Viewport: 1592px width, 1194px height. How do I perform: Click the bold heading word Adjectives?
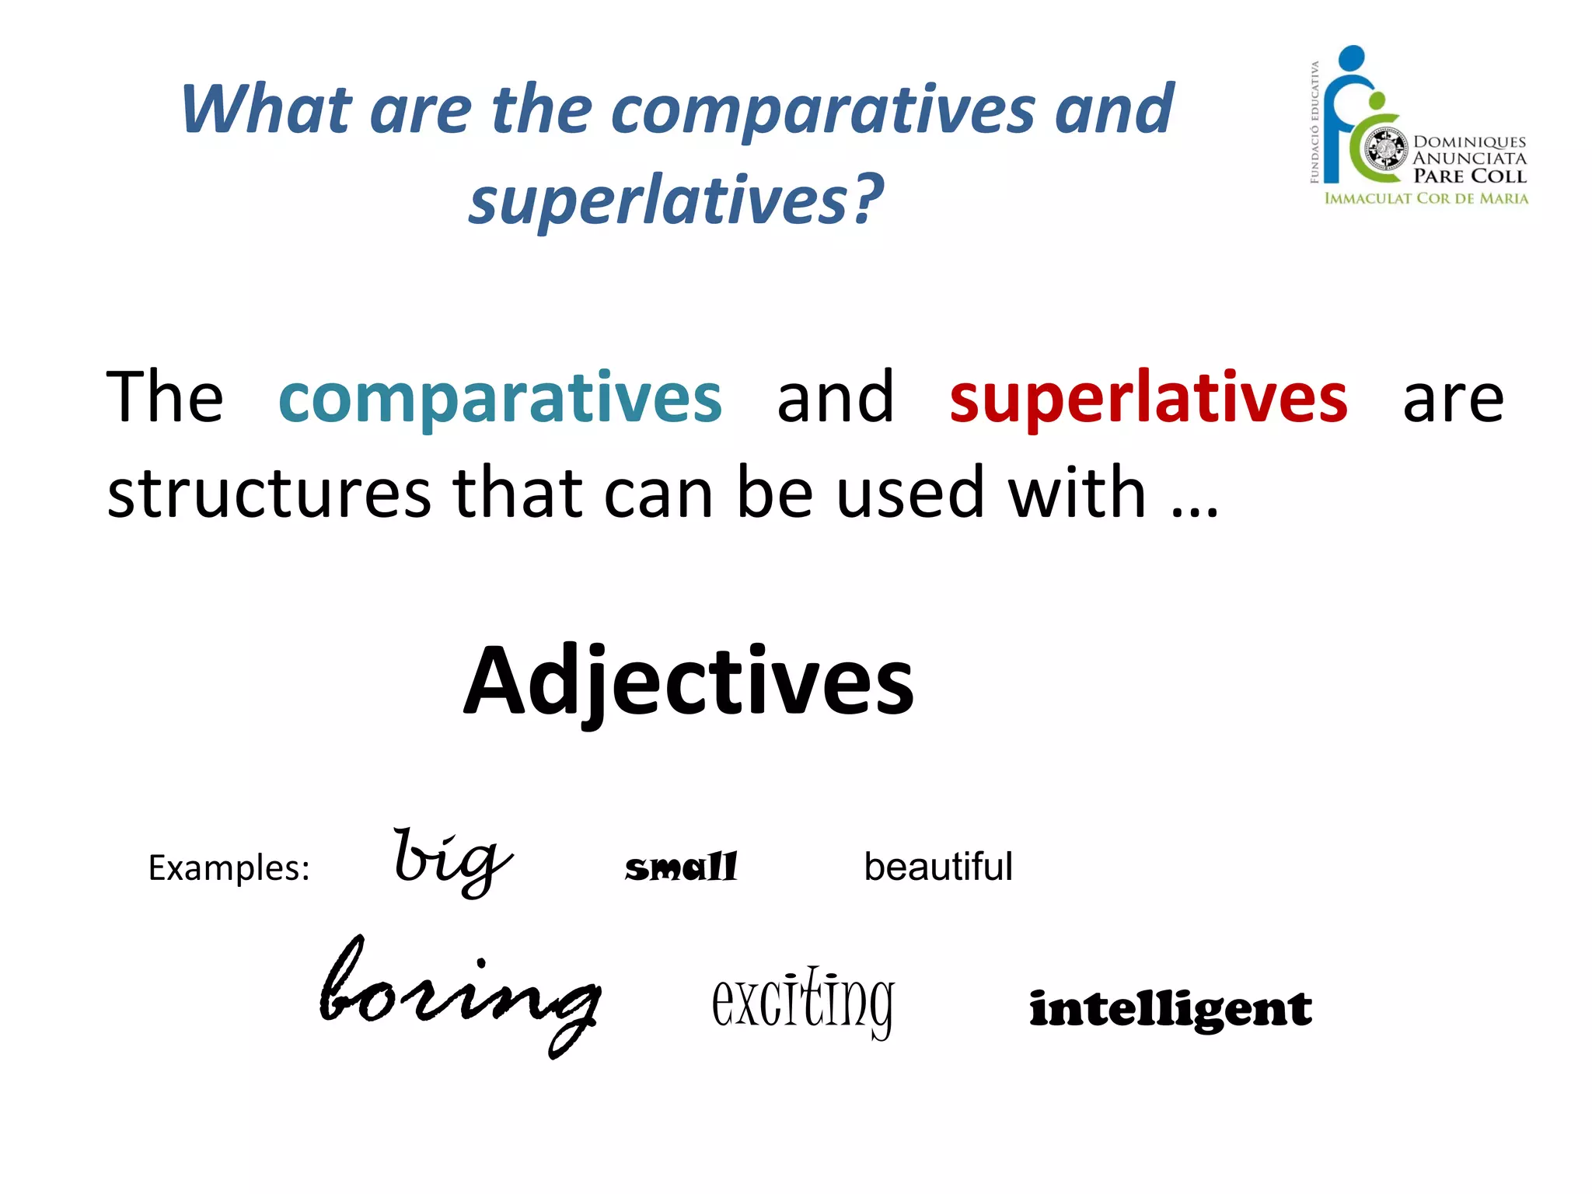coord(689,683)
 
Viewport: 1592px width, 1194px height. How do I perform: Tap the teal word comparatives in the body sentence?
coord(500,398)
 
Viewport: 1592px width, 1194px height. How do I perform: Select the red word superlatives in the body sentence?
coord(1148,398)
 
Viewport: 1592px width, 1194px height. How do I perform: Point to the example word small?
coord(681,867)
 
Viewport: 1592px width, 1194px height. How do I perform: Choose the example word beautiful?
coord(938,867)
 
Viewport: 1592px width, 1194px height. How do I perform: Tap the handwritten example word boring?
coord(460,995)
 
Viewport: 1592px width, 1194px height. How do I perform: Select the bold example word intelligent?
coord(1170,1009)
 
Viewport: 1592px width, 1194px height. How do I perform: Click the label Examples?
coord(229,868)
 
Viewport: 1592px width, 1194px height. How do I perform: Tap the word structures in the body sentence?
coord(269,493)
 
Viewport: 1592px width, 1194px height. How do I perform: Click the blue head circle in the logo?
coord(1352,58)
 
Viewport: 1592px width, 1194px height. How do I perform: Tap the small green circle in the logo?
coord(1377,101)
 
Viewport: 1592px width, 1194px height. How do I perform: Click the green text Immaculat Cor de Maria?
coord(1426,198)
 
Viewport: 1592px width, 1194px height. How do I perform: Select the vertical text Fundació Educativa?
coord(1314,123)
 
